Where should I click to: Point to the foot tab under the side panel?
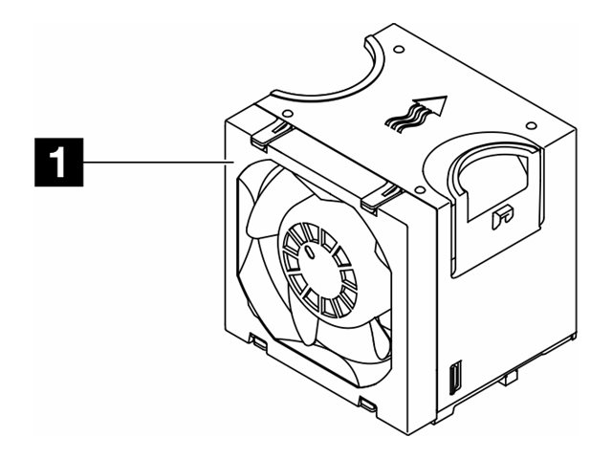(x=508, y=383)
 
